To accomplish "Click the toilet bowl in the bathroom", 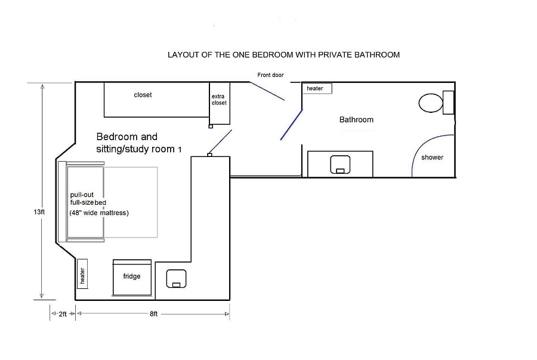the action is pyautogui.click(x=430, y=103).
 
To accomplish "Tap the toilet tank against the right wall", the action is pyautogui.click(x=448, y=103).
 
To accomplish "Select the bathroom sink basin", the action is pyautogui.click(x=340, y=164).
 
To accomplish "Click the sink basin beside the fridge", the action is pyautogui.click(x=177, y=278).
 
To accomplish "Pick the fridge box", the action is pyautogui.click(x=132, y=278).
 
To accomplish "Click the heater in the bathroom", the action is pyautogui.click(x=317, y=88).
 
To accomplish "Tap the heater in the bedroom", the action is pyautogui.click(x=82, y=274).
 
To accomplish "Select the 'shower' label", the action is pyautogui.click(x=432, y=158).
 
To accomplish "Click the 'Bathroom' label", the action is pyautogui.click(x=356, y=119).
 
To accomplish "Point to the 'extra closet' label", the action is pyautogui.click(x=219, y=99).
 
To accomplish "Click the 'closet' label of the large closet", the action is pyautogui.click(x=143, y=95).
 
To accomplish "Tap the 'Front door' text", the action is pyautogui.click(x=270, y=75).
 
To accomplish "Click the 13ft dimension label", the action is pyautogui.click(x=39, y=212).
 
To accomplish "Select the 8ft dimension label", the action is pyautogui.click(x=153, y=314).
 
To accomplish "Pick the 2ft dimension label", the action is pyautogui.click(x=63, y=314).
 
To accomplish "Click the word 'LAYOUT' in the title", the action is pyautogui.click(x=184, y=55).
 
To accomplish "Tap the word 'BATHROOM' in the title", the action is pyautogui.click(x=377, y=55).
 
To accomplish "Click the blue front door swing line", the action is pyautogui.click(x=267, y=91).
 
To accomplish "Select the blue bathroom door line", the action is pyautogui.click(x=291, y=125).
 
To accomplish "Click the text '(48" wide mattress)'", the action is pyautogui.click(x=99, y=213).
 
